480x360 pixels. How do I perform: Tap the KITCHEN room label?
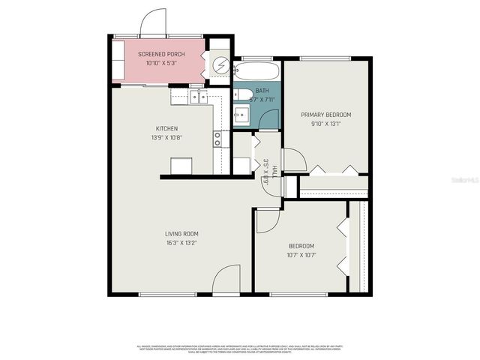(x=166, y=128)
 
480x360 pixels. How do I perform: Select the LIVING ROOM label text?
(x=181, y=234)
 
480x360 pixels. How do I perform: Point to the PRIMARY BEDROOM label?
(x=326, y=115)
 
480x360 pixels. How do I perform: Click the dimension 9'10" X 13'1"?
(x=326, y=124)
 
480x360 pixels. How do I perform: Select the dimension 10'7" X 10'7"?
(x=301, y=255)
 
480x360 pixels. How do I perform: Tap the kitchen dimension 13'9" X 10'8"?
(x=166, y=137)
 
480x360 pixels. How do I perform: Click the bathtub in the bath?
(x=256, y=72)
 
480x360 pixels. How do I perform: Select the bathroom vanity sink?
(x=241, y=115)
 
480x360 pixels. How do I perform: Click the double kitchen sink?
(x=199, y=96)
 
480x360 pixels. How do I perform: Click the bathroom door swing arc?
(x=270, y=120)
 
